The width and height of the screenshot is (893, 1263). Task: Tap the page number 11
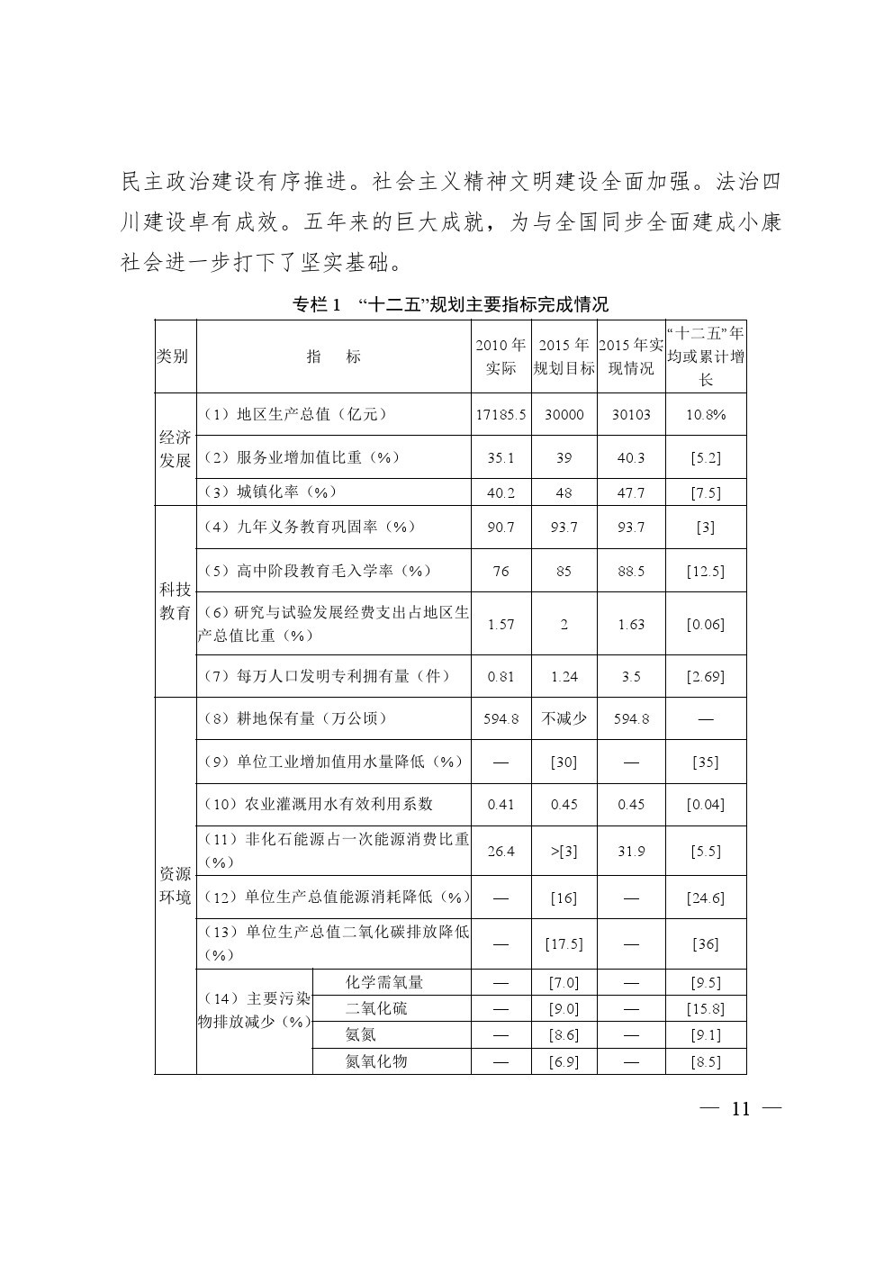pyautogui.click(x=740, y=1108)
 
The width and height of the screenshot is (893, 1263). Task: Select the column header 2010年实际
pyautogui.click(x=501, y=356)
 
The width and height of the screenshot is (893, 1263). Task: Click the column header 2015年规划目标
pyautogui.click(x=564, y=356)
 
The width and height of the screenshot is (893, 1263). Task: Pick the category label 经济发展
pyautogui.click(x=175, y=449)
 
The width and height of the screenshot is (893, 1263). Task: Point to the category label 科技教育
pyautogui.click(x=175, y=601)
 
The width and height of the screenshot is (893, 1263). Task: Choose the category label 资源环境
pyautogui.click(x=175, y=886)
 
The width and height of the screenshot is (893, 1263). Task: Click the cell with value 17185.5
pyautogui.click(x=501, y=415)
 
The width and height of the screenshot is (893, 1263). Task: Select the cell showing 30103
pyautogui.click(x=631, y=415)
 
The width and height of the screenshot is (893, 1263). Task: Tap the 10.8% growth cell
pyautogui.click(x=706, y=415)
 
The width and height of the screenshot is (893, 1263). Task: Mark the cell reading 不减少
pyautogui.click(x=564, y=718)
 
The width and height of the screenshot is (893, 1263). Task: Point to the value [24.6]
pyautogui.click(x=706, y=898)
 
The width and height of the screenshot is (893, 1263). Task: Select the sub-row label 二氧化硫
pyautogui.click(x=376, y=1008)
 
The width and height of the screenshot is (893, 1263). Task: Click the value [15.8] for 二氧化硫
pyautogui.click(x=706, y=1009)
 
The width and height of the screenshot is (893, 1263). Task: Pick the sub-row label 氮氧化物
pyautogui.click(x=376, y=1061)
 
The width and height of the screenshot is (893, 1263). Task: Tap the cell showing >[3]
pyautogui.click(x=564, y=852)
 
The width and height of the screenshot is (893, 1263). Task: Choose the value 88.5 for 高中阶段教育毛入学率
pyautogui.click(x=631, y=572)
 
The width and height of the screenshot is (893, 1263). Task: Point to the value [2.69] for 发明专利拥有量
pyautogui.click(x=706, y=676)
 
